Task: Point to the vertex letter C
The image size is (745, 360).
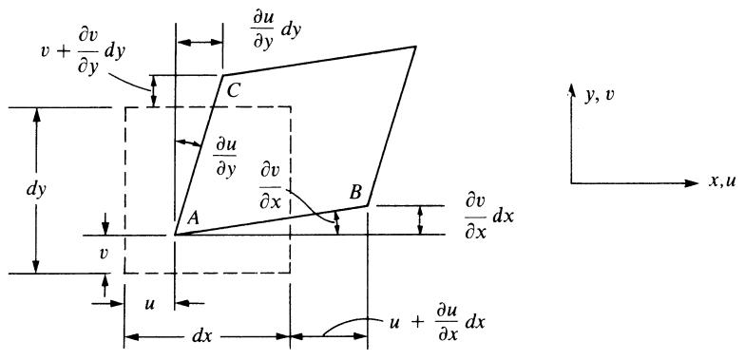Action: tap(234, 89)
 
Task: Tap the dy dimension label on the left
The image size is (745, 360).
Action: tap(36, 190)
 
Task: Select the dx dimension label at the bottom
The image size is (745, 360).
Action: tap(203, 336)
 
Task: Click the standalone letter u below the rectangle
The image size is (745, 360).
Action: tap(151, 303)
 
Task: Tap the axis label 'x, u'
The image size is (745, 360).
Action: tap(722, 182)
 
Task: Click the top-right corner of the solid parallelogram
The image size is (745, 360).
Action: tap(416, 47)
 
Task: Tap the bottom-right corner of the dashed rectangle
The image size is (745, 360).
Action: tap(291, 274)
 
